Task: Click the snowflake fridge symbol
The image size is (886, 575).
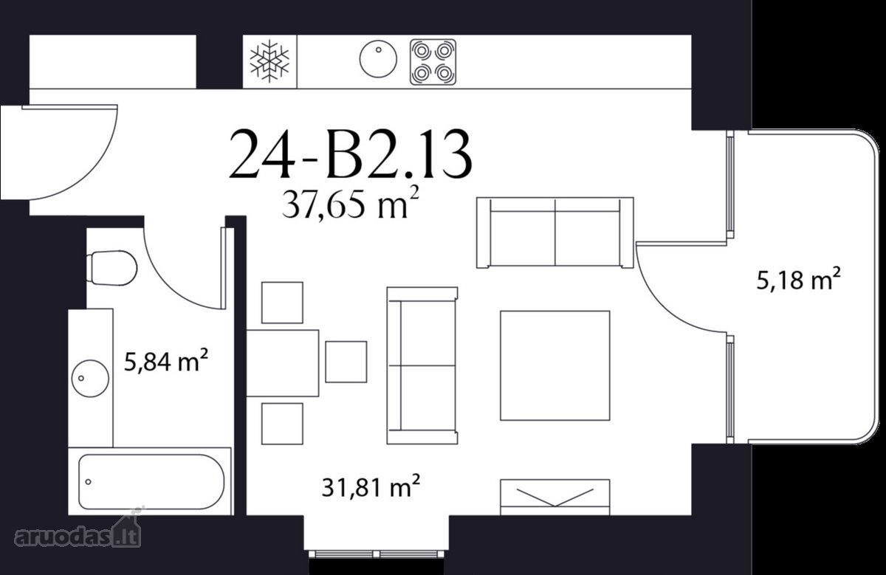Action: click(269, 61)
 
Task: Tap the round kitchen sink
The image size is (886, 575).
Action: click(378, 59)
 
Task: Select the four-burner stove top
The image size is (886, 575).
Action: click(433, 62)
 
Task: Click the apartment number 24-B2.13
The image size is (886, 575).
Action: click(351, 154)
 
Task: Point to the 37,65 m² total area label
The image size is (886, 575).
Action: click(351, 204)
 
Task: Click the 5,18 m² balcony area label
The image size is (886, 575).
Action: click(799, 279)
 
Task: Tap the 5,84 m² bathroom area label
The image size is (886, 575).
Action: click(166, 360)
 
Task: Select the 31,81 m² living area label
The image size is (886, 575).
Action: click(371, 486)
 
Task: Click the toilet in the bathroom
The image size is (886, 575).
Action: click(111, 268)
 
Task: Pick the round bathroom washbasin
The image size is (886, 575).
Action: click(90, 379)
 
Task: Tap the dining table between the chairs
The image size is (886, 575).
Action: click(282, 363)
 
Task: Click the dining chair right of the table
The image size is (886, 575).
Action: click(346, 362)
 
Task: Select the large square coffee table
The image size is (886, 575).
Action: click(555, 365)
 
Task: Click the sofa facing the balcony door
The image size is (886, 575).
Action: click(422, 365)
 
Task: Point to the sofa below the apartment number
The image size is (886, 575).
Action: click(555, 233)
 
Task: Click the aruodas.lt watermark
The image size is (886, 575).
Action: click(78, 528)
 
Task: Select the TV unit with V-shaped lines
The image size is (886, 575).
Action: click(555, 497)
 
